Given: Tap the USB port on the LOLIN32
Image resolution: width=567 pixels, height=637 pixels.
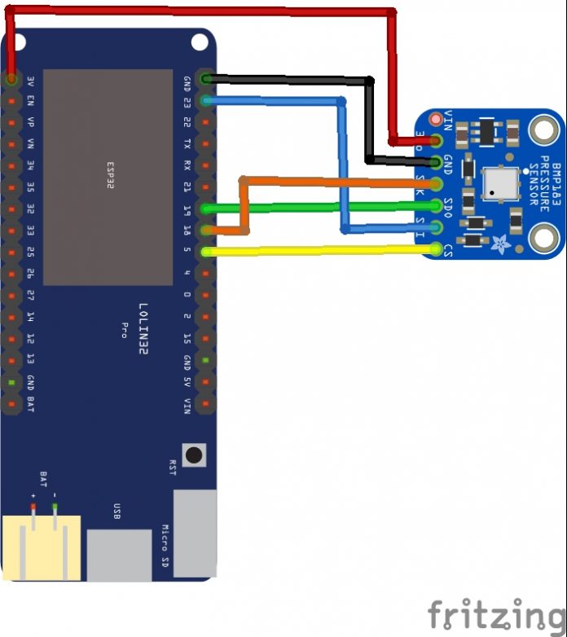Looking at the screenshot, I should [119, 555].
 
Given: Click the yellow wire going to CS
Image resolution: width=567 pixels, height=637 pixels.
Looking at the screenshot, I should [326, 251].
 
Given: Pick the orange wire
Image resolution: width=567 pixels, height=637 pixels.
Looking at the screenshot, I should [326, 181].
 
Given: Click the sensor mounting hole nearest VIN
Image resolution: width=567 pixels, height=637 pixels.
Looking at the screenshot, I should [543, 129].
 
